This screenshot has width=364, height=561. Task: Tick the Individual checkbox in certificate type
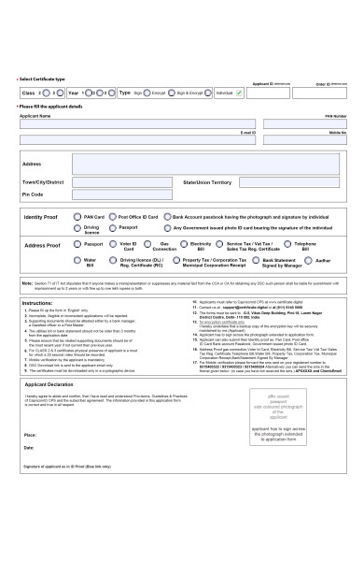[237, 93]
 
